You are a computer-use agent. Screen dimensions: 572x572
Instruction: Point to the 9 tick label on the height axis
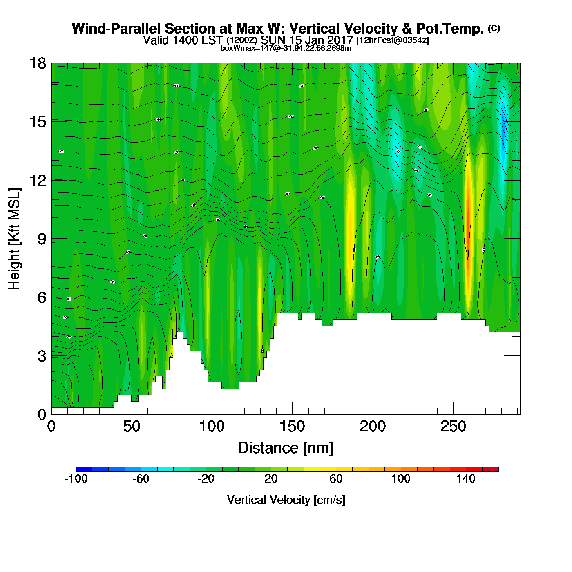42,239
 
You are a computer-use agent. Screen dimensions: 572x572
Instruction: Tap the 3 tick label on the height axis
42,356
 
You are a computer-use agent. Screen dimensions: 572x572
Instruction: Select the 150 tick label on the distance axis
292,427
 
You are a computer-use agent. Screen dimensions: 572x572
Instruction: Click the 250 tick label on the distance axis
453,427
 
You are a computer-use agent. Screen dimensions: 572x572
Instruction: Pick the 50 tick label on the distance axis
132,427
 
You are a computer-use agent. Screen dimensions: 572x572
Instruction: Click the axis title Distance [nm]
286,448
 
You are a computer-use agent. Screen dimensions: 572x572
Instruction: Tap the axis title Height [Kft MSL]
14,239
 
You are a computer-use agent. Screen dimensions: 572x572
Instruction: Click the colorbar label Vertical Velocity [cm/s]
286,500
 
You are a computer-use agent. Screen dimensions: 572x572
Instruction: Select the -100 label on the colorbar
76,479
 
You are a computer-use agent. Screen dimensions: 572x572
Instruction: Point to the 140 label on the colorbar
466,479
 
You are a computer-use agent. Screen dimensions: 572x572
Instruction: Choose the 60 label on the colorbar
336,479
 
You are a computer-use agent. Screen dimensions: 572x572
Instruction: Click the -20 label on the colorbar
206,479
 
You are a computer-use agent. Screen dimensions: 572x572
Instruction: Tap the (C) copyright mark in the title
494,28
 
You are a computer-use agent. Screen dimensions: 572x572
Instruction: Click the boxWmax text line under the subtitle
286,48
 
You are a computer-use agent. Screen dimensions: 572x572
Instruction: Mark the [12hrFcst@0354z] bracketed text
393,40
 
